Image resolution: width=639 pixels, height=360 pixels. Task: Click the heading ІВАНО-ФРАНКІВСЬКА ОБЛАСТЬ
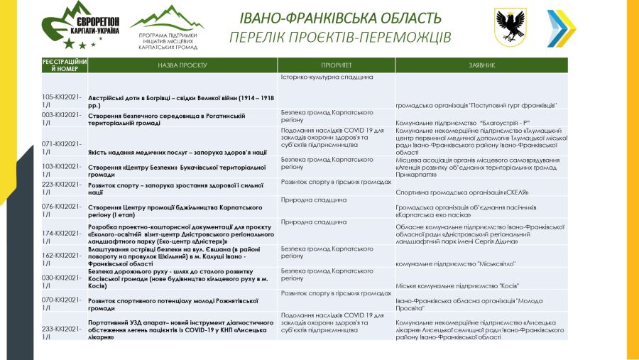pyautogui.click(x=340, y=18)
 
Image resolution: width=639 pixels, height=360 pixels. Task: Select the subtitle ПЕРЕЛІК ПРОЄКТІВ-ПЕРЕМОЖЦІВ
pyautogui.click(x=340, y=36)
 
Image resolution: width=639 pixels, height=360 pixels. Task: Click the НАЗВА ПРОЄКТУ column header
pyautogui.click(x=182, y=65)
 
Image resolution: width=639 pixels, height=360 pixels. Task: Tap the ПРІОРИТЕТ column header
pyautogui.click(x=336, y=65)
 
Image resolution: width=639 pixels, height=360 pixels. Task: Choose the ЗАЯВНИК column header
pyautogui.click(x=481, y=65)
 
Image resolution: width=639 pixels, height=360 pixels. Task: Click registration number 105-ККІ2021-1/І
pyautogui.click(x=62, y=101)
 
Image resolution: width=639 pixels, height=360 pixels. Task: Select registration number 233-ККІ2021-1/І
pyautogui.click(x=62, y=332)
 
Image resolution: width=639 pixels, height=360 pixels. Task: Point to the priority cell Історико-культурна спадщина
pyautogui.click(x=327, y=77)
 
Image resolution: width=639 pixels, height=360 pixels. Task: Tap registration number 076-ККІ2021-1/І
pyautogui.click(x=62, y=211)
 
